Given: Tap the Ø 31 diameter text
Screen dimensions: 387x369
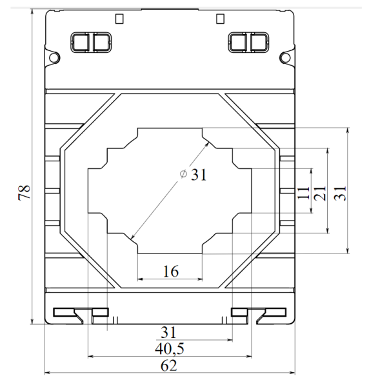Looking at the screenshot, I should pyautogui.click(x=194, y=175).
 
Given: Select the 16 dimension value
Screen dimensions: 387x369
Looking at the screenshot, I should pyautogui.click(x=170, y=271).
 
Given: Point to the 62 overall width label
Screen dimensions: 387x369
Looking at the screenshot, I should pyautogui.click(x=169, y=365).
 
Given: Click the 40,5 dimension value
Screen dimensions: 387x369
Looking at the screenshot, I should pyautogui.click(x=170, y=348).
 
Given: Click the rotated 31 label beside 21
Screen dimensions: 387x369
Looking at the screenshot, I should pyautogui.click(x=340, y=192).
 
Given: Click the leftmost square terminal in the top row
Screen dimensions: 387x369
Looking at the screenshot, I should pyautogui.click(x=79, y=42).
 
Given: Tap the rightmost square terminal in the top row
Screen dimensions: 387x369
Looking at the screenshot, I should pyautogui.click(x=259, y=42).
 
